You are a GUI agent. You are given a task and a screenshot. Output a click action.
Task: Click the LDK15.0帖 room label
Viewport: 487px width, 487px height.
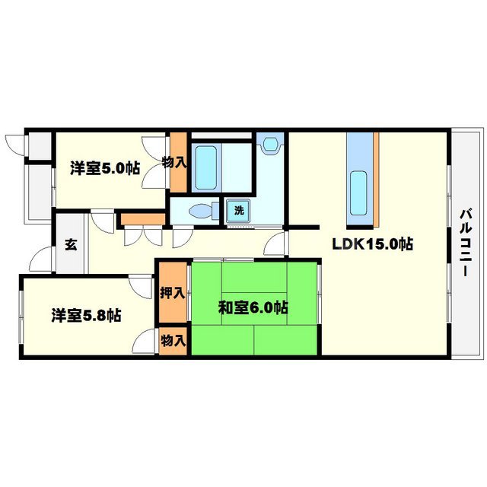[x=371, y=245]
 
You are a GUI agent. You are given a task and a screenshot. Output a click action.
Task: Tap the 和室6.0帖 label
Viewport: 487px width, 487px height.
[x=253, y=308]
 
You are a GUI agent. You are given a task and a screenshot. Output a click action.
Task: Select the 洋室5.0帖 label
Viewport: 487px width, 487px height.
[x=106, y=167]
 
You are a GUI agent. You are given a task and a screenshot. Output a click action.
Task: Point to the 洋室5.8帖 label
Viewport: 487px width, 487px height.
[x=87, y=314]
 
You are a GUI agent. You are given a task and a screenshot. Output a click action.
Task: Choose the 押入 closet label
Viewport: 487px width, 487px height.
[x=173, y=292]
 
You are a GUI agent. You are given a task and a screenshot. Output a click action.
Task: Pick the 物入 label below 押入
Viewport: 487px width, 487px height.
[x=173, y=341]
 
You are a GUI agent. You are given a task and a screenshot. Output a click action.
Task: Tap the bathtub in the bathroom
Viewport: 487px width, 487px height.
[x=205, y=167]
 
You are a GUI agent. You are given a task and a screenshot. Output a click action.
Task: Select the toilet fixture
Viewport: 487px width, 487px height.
[x=199, y=211]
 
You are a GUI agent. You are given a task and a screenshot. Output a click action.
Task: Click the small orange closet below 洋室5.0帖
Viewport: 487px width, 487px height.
[x=143, y=219]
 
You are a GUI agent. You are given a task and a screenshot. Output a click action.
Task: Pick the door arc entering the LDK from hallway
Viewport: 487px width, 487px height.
[x=277, y=245]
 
